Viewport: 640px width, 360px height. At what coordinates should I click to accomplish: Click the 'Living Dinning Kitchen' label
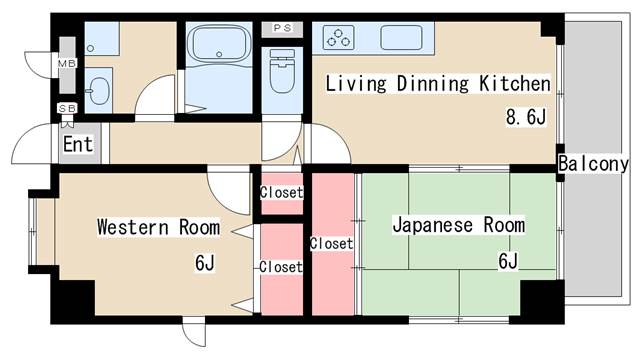pyautogui.click(x=438, y=84)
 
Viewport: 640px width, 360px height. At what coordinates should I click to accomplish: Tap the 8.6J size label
pyautogui.click(x=526, y=117)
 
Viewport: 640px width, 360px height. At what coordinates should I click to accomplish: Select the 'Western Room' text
pyautogui.click(x=158, y=227)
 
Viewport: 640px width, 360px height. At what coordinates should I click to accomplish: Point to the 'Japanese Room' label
pyautogui.click(x=459, y=225)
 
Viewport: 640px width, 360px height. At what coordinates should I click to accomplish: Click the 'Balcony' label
pyautogui.click(x=593, y=164)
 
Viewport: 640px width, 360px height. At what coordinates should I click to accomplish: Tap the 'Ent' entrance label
pyautogui.click(x=78, y=144)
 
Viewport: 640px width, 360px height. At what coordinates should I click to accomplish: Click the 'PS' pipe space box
pyautogui.click(x=282, y=28)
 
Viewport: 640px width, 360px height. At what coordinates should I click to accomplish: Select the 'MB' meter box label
pyautogui.click(x=67, y=64)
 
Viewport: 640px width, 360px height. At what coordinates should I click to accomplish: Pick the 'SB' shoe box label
pyautogui.click(x=67, y=109)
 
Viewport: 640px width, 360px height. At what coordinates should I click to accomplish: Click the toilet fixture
pyautogui.click(x=282, y=71)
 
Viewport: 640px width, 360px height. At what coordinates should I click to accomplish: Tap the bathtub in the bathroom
pyautogui.click(x=219, y=44)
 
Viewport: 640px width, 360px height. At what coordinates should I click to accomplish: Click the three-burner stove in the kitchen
pyautogui.click(x=338, y=38)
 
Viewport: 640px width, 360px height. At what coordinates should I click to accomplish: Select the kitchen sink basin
pyautogui.click(x=401, y=38)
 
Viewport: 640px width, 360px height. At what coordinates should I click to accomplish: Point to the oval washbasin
pyautogui.click(x=99, y=91)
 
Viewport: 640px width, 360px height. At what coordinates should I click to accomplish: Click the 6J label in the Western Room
pyautogui.click(x=204, y=262)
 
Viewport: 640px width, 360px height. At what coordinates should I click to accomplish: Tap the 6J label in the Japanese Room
pyautogui.click(x=508, y=261)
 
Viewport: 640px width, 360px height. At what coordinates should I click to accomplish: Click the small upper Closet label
pyautogui.click(x=282, y=192)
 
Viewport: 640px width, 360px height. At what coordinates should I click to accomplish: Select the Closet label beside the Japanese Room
pyautogui.click(x=331, y=244)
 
